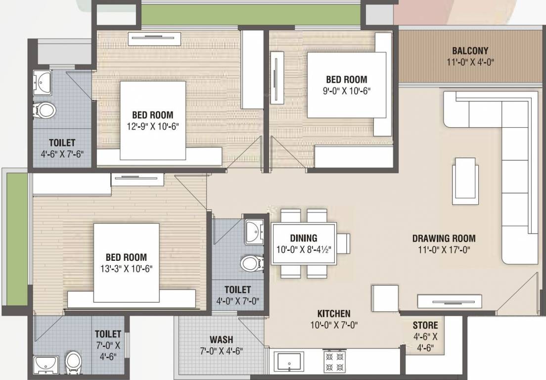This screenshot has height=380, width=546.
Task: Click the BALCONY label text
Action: click(x=470, y=50)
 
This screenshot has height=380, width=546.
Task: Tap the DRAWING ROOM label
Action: click(x=444, y=238)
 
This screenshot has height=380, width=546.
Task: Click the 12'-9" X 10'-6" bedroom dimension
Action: click(x=152, y=126)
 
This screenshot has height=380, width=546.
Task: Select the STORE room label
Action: click(x=425, y=325)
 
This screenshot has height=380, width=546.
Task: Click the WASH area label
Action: click(x=221, y=340)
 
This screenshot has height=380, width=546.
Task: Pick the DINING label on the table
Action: click(x=304, y=238)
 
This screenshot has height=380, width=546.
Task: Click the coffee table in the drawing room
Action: click(x=465, y=181)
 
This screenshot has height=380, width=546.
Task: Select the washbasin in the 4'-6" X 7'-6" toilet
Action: click(x=43, y=82)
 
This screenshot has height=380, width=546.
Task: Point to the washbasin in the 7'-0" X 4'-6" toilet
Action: click(x=46, y=365)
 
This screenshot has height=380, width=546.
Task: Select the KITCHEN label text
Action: click(x=333, y=313)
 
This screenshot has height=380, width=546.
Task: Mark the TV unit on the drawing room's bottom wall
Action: click(x=449, y=301)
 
